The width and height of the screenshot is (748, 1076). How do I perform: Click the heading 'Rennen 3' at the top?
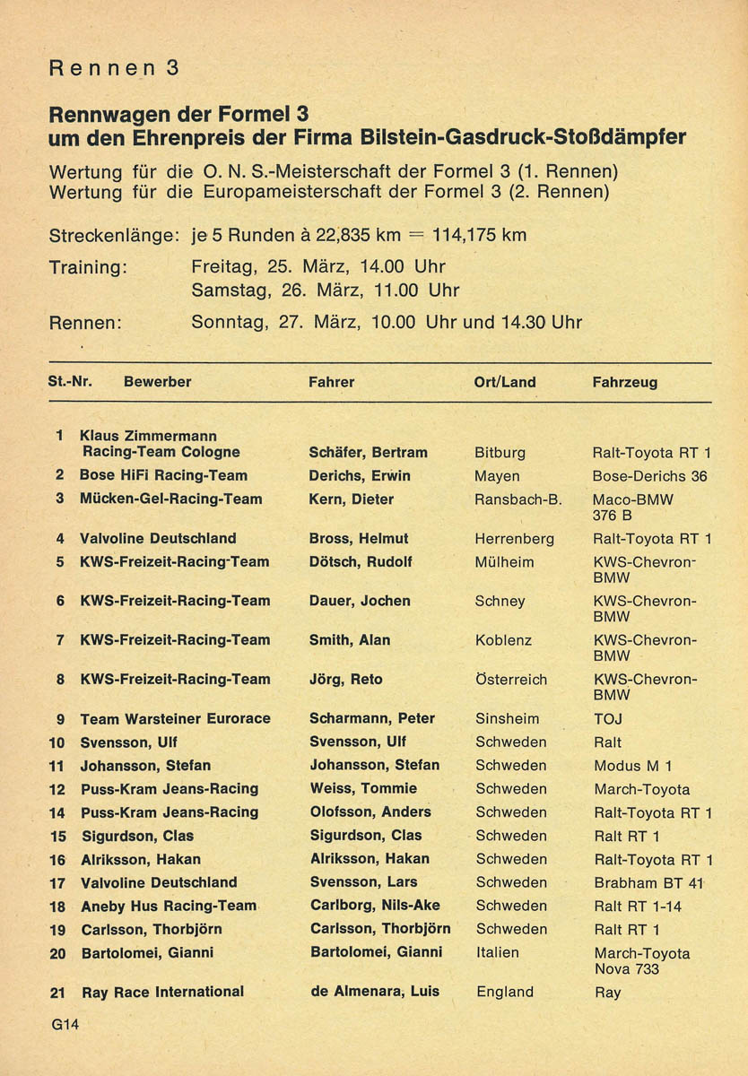[114, 68]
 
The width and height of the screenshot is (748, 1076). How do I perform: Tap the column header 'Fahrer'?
[331, 382]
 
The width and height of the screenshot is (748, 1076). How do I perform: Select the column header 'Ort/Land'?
[505, 382]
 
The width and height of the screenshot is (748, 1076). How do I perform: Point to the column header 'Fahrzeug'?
[625, 382]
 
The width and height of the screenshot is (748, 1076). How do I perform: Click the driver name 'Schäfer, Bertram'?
[368, 452]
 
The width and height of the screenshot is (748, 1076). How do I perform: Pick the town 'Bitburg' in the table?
[500, 452]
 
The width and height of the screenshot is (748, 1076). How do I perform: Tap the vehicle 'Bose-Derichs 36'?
[650, 476]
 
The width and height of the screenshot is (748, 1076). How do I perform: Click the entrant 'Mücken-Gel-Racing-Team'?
[171, 499]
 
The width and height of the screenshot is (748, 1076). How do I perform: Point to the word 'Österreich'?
[511, 680]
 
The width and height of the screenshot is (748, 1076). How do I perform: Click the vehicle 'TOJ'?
[607, 719]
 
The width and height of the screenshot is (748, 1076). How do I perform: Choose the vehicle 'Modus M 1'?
[632, 766]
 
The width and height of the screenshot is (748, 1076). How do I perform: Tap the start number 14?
[57, 812]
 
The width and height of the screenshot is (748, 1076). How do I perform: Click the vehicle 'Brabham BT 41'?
[649, 882]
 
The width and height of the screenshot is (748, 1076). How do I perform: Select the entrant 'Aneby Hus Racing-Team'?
[169, 906]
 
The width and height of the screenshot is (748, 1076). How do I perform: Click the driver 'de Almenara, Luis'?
[375, 992]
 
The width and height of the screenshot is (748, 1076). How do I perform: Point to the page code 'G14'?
[65, 1026]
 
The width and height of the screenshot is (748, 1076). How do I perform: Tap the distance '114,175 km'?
[479, 236]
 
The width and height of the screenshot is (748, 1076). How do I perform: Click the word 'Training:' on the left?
[88, 267]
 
